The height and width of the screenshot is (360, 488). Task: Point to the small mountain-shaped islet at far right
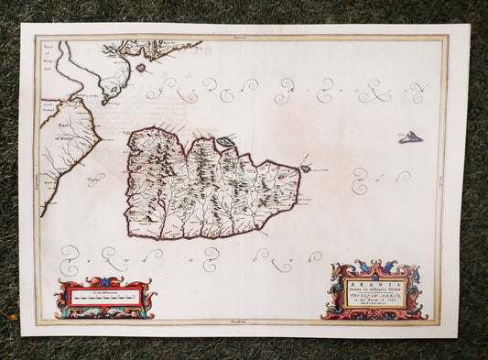[410, 137]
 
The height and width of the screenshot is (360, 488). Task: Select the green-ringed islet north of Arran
[224, 142]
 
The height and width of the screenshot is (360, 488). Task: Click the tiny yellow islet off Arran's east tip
[305, 169]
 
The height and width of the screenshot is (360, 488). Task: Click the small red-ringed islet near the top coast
[140, 66]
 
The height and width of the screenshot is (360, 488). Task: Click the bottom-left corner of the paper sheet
[22, 333]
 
